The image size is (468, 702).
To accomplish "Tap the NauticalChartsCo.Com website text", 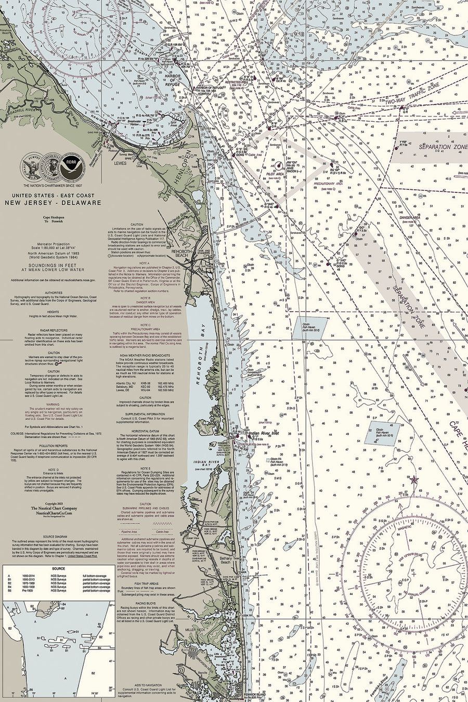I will pos(54,513).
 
